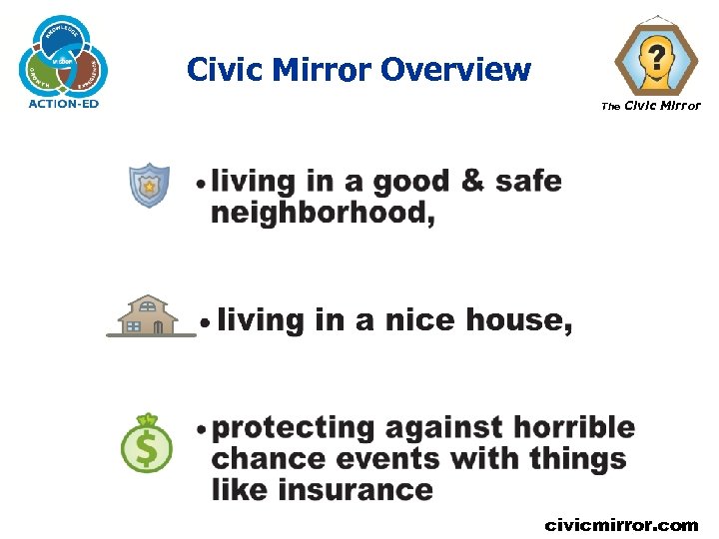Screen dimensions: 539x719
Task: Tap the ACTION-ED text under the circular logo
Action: click(64, 104)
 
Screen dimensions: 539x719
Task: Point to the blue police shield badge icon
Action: click(150, 185)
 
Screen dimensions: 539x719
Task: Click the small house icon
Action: click(148, 316)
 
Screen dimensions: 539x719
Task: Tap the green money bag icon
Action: click(147, 443)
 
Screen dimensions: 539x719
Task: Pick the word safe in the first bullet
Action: click(528, 183)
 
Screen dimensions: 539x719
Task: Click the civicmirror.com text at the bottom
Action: click(620, 524)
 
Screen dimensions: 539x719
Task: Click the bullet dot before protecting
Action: click(202, 429)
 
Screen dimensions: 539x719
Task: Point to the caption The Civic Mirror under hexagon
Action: click(650, 106)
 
